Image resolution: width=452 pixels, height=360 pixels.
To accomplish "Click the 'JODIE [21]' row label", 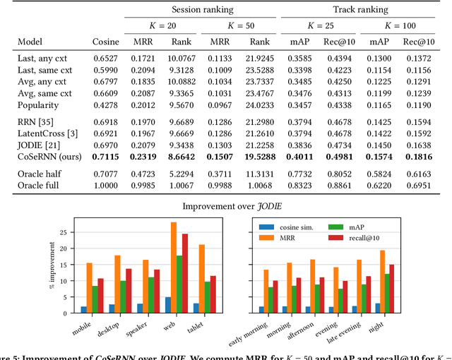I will [38, 145].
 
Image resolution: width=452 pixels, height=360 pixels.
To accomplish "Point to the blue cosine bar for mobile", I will [85, 308].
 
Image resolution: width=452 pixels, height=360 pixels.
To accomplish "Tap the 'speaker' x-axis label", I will [138, 327].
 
